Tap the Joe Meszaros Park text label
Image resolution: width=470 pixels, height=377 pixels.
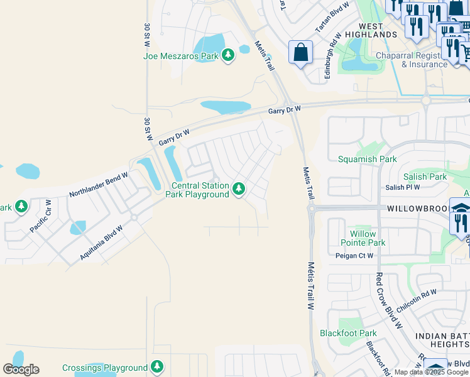pyautogui.click(x=181, y=56)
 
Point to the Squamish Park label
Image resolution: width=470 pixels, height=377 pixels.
pyautogui.click(x=368, y=159)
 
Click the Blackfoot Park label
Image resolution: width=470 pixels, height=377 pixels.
pyautogui.click(x=348, y=333)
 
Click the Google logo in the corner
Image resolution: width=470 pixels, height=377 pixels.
pyautogui.click(x=21, y=369)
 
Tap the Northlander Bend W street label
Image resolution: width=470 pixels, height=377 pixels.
pyautogui.click(x=99, y=183)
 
